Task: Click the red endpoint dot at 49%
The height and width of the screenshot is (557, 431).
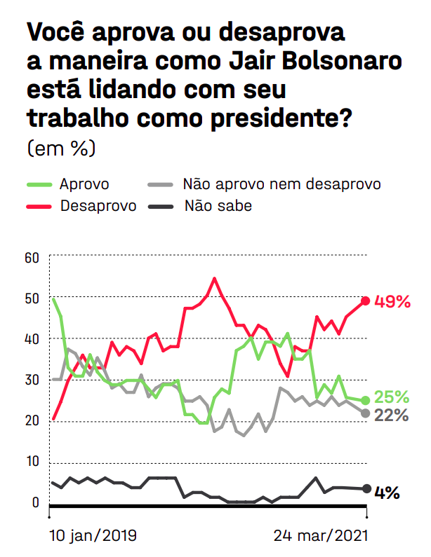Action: [x=365, y=301]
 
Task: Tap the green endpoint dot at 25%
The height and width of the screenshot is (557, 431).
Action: [x=365, y=401]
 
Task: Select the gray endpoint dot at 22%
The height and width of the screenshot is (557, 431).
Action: [x=365, y=413]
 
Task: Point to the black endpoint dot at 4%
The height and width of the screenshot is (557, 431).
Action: [x=366, y=489]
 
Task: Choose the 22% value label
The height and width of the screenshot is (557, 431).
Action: [x=392, y=415]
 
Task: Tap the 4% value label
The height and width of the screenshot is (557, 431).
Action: [x=387, y=493]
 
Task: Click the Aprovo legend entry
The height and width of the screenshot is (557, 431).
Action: [x=84, y=184]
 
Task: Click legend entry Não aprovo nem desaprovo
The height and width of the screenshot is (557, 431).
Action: [x=281, y=184]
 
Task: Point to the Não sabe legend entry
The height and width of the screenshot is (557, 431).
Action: [x=218, y=205]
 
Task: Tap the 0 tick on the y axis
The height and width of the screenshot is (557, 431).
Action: [x=34, y=502]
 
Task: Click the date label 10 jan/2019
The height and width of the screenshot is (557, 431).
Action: [x=93, y=536]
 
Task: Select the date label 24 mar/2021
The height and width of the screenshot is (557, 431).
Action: [x=320, y=536]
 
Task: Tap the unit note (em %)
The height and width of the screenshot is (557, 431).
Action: [x=61, y=148]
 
